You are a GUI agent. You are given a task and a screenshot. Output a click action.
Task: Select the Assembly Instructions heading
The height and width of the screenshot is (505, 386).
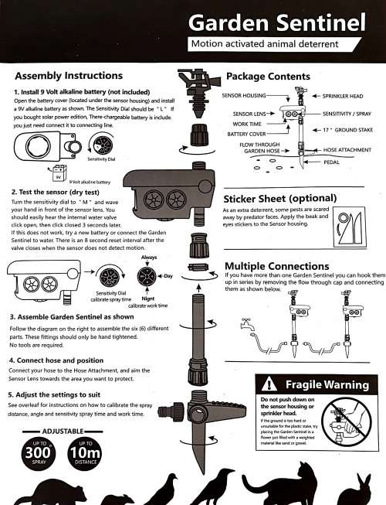coord(69,76)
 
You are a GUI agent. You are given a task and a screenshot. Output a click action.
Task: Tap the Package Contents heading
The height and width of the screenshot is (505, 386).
coord(268,77)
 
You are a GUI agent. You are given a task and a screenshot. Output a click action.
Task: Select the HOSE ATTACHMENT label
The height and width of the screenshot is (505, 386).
coord(348,150)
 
